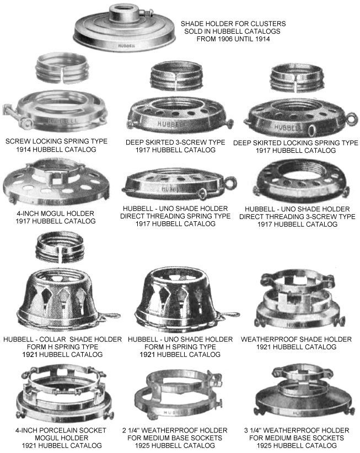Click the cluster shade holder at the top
pyautogui.click(x=124, y=30)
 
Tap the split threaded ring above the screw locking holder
pyautogui.click(x=62, y=69)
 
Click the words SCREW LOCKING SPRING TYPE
pyautogui.click(x=56, y=141)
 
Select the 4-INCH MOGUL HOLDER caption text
pyautogui.click(x=56, y=214)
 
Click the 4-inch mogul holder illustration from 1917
pyautogui.click(x=56, y=183)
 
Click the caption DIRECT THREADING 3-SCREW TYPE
pyautogui.click(x=297, y=217)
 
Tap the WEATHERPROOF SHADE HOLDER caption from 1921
pyautogui.click(x=296, y=339)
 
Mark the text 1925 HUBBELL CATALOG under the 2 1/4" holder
pyautogui.click(x=175, y=445)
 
